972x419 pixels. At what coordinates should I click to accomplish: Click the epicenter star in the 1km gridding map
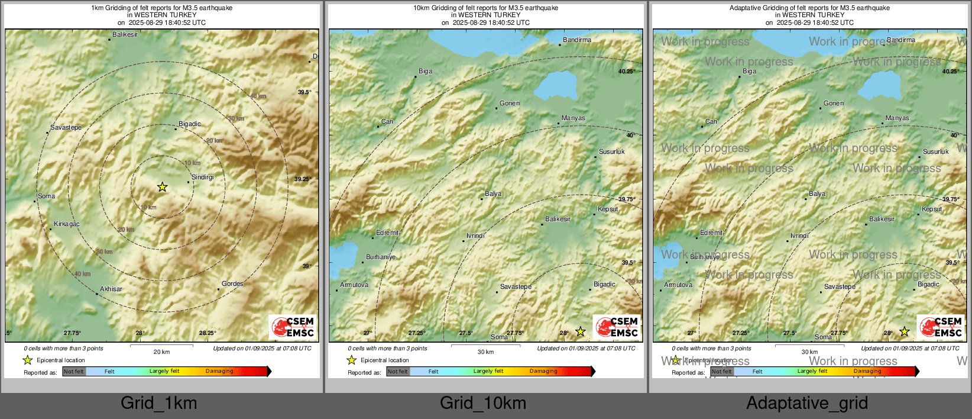click(162, 187)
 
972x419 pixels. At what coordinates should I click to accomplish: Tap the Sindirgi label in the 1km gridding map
click(203, 177)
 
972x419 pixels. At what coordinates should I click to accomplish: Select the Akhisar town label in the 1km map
click(111, 289)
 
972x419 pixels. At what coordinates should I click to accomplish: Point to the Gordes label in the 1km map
click(232, 283)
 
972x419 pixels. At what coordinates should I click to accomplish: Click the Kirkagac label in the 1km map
click(66, 224)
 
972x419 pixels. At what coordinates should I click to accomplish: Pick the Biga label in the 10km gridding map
click(425, 71)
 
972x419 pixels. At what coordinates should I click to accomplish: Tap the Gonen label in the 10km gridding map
click(509, 103)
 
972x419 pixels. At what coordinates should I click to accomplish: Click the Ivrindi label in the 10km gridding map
click(475, 236)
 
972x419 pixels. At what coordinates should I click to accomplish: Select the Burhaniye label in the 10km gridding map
click(381, 257)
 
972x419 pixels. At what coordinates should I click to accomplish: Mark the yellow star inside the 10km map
click(581, 331)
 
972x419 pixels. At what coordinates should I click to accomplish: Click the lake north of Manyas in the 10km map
click(555, 85)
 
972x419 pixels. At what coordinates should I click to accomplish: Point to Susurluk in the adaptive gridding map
click(935, 152)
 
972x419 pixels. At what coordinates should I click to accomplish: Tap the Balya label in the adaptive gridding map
click(817, 194)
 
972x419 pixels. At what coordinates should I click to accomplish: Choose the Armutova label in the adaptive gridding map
click(678, 285)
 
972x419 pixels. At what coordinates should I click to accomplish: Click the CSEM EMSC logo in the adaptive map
click(940, 327)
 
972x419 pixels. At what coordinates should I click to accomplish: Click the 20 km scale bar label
click(161, 352)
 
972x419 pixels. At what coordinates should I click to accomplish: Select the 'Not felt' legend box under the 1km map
click(74, 372)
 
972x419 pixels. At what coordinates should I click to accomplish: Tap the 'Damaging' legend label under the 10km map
click(543, 371)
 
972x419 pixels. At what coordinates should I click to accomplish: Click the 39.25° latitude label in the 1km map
click(303, 179)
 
